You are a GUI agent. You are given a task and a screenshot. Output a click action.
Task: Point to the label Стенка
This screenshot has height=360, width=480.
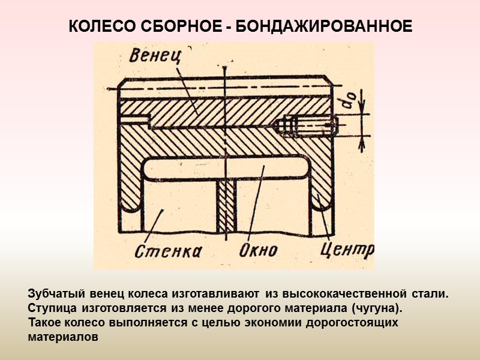pos(169,250)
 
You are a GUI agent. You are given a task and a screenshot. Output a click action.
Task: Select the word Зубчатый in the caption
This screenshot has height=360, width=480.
pos(56,295)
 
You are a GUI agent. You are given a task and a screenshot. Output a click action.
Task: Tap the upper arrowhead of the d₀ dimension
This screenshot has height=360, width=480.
pos(361,113)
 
